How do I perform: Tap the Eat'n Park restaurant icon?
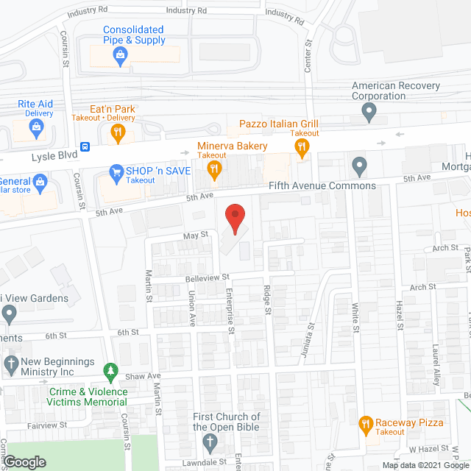click(x=117, y=133)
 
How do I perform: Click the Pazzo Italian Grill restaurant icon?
click(x=300, y=149)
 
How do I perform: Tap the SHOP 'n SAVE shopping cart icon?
click(x=116, y=172)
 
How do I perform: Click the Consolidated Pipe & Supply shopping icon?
click(x=118, y=54)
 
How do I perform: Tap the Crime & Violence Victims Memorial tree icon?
click(x=110, y=372)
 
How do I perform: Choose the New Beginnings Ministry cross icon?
click(x=10, y=363)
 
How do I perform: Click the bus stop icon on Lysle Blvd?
click(x=86, y=146)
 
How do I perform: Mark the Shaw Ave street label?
click(x=146, y=376)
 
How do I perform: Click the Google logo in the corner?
click(x=24, y=462)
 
